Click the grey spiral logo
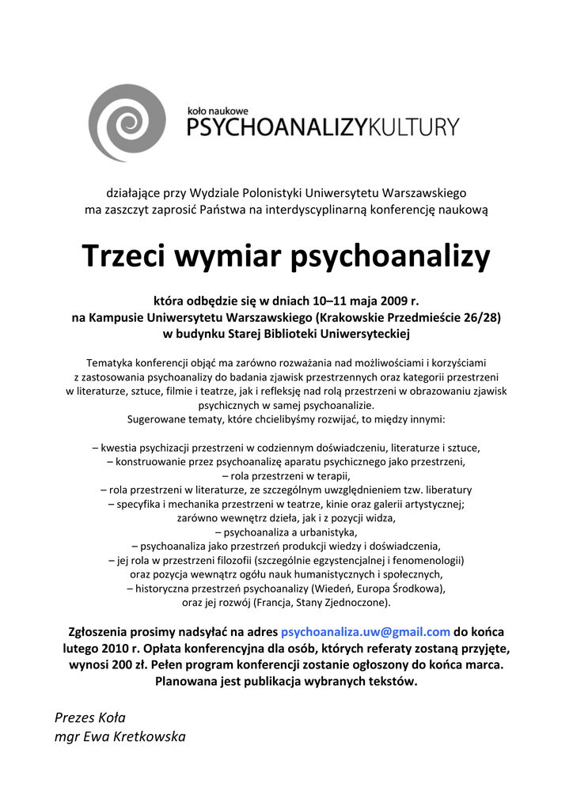(x=127, y=123)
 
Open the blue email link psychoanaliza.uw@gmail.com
(x=366, y=632)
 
